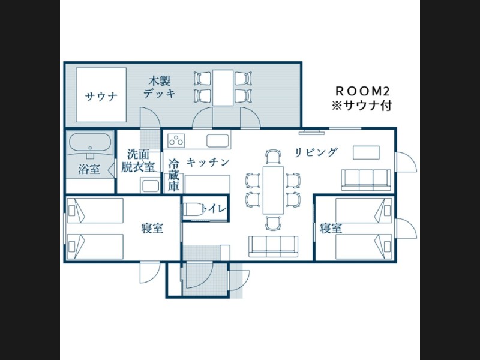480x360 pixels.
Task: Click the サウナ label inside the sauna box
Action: tap(101, 97)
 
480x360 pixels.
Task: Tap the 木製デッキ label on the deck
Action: tap(160, 88)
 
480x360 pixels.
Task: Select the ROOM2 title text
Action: tap(362, 91)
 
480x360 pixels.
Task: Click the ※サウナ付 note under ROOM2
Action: tap(362, 106)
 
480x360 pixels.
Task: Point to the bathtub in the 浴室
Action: tap(90, 143)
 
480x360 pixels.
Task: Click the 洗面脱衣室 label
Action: tap(138, 161)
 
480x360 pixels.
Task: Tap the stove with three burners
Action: tap(176, 140)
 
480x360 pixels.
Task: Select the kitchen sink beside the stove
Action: tap(218, 141)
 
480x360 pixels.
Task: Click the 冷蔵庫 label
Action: tap(173, 175)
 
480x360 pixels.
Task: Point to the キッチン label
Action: tap(208, 162)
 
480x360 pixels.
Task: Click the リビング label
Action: tap(316, 152)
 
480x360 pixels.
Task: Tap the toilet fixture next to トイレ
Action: tap(193, 209)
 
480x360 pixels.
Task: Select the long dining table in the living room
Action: tap(274, 190)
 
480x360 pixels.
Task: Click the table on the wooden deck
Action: tap(223, 88)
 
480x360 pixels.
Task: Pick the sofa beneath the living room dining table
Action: tap(274, 247)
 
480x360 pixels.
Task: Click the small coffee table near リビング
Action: tap(366, 152)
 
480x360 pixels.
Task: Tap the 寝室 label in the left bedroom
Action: tap(152, 229)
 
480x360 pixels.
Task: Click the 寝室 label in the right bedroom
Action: tap(331, 229)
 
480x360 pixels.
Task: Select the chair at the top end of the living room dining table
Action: tap(274, 157)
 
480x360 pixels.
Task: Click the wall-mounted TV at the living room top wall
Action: tap(312, 132)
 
